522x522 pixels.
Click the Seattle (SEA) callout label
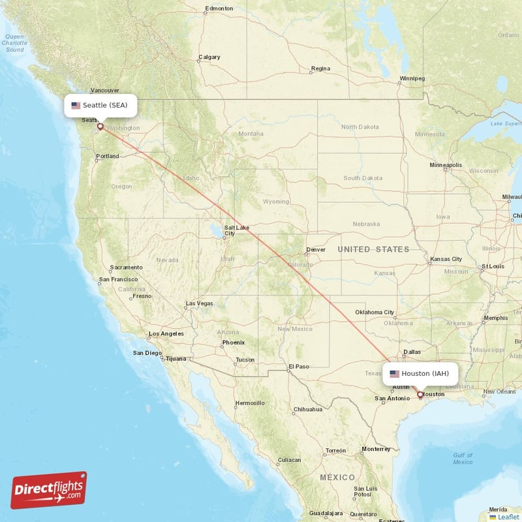[x=100, y=105]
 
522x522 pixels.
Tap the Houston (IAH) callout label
[x=420, y=374]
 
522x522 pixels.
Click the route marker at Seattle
[x=100, y=126]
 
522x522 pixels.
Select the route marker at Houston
[x=420, y=394]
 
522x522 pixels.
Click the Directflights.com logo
[x=49, y=490]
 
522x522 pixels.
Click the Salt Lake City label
[x=236, y=230]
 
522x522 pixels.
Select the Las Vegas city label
[x=199, y=303]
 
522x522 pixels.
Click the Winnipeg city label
[x=412, y=78]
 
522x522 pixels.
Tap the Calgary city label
[x=209, y=57]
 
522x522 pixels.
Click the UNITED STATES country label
[x=373, y=249]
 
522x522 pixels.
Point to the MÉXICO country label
[x=337, y=478]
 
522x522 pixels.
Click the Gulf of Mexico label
[x=463, y=458]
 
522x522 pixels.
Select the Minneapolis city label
[x=446, y=165]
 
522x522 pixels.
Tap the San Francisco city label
[x=118, y=279]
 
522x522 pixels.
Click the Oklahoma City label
[x=375, y=312]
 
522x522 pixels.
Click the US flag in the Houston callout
[x=394, y=374]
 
